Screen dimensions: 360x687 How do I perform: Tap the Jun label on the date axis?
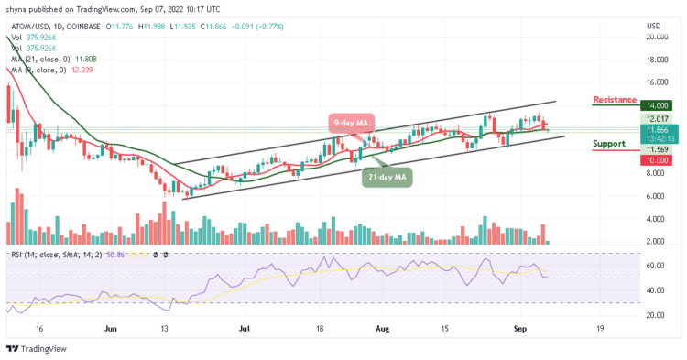pos(110,325)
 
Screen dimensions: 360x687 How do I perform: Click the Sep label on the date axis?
pos(518,325)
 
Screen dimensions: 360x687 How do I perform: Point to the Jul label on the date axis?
pos(244,325)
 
